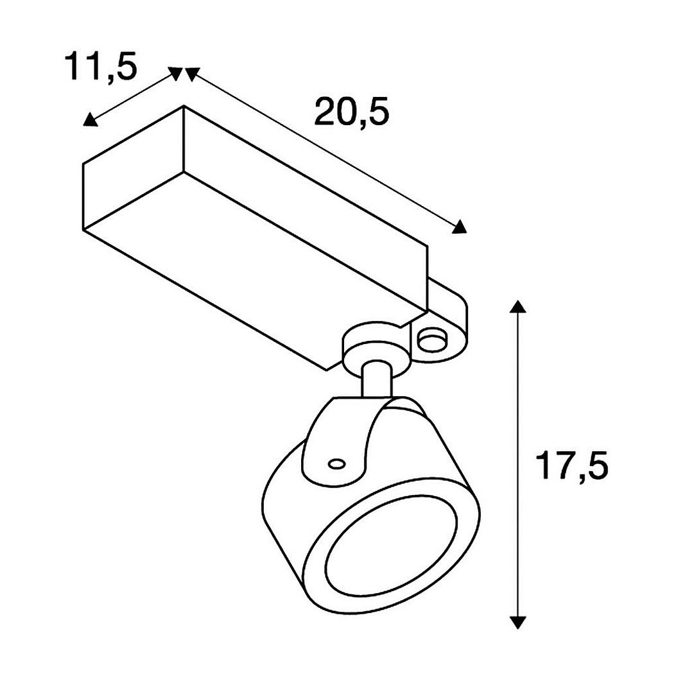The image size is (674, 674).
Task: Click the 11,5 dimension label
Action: (101, 67)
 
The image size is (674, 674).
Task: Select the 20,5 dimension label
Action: (352, 111)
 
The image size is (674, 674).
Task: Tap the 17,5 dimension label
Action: (572, 465)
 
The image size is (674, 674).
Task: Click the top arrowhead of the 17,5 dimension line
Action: (518, 306)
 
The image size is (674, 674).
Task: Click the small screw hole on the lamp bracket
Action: (336, 464)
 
